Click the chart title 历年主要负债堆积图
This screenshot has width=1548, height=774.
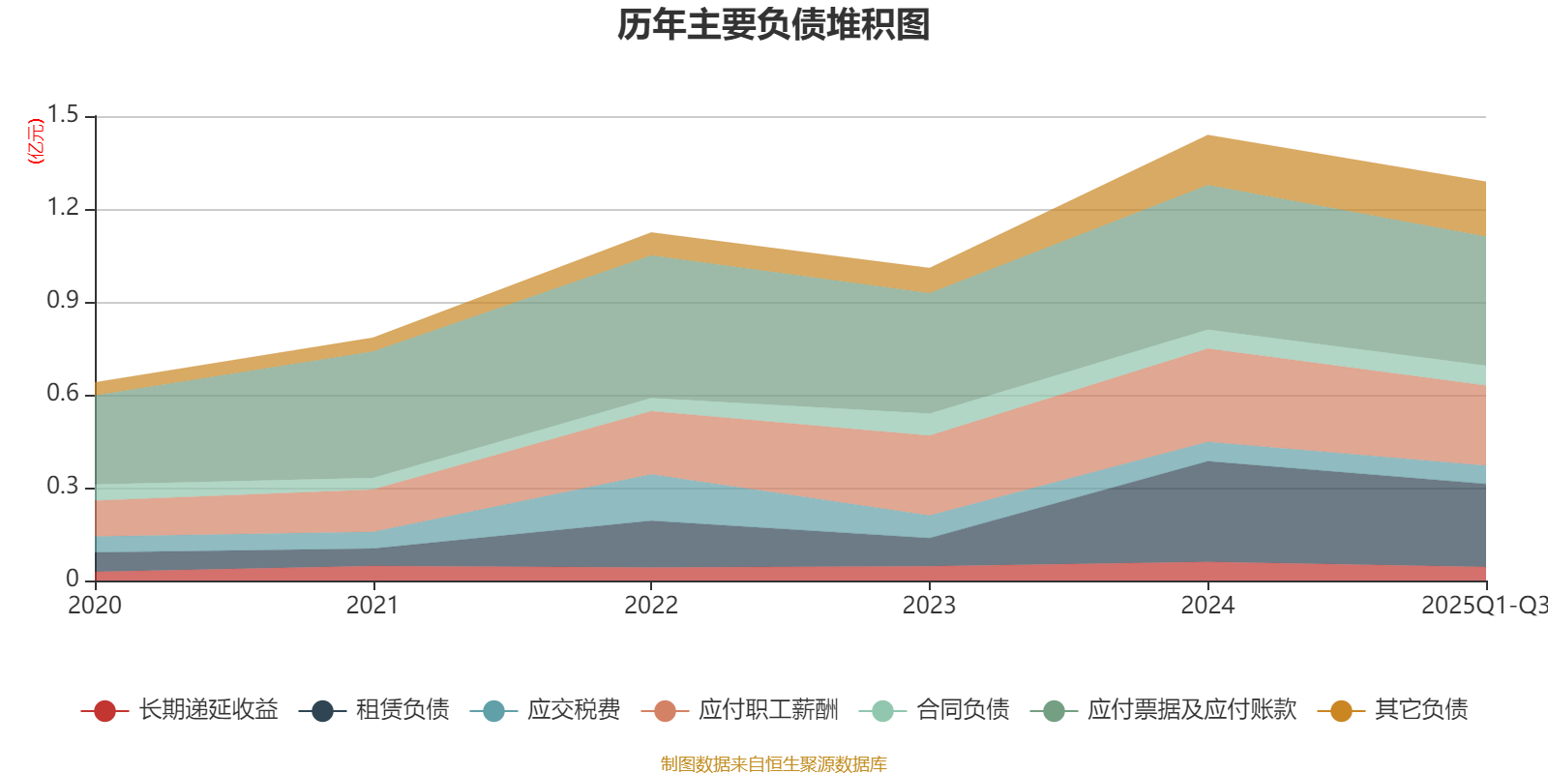774,25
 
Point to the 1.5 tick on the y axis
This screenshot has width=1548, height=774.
64,116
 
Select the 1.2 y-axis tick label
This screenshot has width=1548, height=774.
64,208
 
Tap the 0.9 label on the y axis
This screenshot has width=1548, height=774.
64,301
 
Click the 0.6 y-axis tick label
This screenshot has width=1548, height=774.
64,394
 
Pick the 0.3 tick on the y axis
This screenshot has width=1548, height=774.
64,487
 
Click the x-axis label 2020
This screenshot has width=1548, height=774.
95,606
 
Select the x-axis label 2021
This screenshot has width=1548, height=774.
372,606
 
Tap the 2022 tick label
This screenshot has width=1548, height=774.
650,606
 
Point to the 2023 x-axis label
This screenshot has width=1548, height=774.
929,606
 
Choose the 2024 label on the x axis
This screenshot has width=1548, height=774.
1206,606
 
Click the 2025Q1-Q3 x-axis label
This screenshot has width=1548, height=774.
1482,606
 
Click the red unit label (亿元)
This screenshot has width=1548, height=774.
36,141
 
